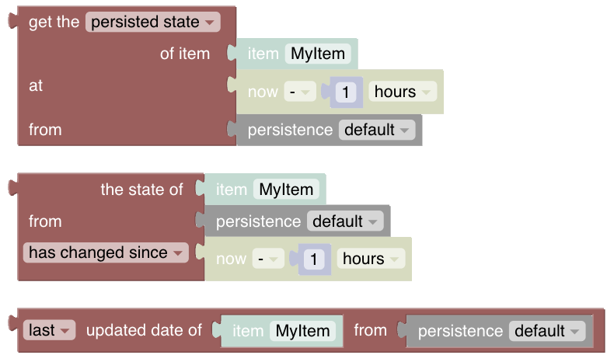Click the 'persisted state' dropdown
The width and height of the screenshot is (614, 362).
152,22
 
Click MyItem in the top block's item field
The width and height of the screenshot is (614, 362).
319,54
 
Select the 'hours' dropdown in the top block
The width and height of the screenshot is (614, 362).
402,92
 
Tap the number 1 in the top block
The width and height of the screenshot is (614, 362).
347,92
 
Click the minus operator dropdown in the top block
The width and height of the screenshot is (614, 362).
298,92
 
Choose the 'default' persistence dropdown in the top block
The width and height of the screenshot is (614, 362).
376,130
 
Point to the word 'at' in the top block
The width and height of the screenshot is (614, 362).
36,85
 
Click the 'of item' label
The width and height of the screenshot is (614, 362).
184,54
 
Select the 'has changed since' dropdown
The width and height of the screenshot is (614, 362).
105,252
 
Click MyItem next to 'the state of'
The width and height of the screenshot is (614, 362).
287,190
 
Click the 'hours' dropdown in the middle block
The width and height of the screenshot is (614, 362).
371,259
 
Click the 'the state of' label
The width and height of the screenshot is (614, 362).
141,190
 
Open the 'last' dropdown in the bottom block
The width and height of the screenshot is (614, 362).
49,330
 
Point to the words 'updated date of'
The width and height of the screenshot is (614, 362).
144,330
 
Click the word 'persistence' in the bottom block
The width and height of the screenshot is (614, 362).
460,331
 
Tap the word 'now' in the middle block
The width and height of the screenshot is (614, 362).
231,259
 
